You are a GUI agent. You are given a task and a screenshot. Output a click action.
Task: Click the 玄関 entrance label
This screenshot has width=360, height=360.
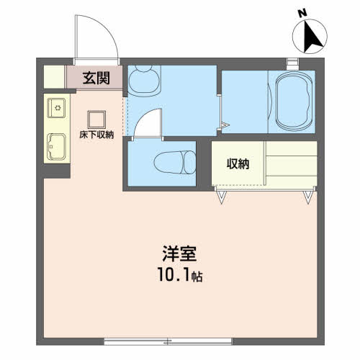click(x=96, y=78)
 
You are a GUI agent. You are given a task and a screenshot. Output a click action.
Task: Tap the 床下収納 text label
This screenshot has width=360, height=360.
click(x=96, y=135)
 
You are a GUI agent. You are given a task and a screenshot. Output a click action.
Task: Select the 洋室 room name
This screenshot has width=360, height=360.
click(x=179, y=254)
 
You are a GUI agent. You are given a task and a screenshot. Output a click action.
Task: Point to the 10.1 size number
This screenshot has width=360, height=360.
click(x=174, y=274)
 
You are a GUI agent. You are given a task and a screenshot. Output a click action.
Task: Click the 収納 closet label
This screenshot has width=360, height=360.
click(x=238, y=164)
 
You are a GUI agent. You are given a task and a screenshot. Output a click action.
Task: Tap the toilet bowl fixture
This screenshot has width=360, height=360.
click(x=175, y=162)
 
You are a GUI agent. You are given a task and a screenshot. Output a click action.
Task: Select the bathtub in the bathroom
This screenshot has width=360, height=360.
click(x=294, y=101)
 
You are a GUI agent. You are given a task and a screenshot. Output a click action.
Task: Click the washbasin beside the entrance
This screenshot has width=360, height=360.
click(x=144, y=81)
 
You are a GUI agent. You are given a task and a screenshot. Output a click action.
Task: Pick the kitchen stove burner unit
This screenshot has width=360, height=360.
click(x=57, y=108)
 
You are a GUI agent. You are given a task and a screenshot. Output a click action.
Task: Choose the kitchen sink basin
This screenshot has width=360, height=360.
click(x=57, y=147)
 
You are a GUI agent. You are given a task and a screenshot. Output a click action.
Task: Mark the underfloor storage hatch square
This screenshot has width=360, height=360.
click(x=96, y=120)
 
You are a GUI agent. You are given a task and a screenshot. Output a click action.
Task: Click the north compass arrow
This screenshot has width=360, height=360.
click(x=310, y=37)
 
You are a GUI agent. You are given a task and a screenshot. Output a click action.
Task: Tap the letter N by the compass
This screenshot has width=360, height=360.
click(x=303, y=13)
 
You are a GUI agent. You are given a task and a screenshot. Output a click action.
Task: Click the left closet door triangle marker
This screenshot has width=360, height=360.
click(x=221, y=197)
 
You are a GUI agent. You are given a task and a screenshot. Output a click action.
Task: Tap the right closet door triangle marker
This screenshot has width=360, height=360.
click(x=308, y=197)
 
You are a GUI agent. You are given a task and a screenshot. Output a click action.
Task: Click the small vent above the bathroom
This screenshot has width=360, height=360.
click(x=293, y=63)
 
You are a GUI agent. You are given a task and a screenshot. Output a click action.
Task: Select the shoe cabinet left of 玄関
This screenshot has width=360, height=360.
click(x=54, y=77)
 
